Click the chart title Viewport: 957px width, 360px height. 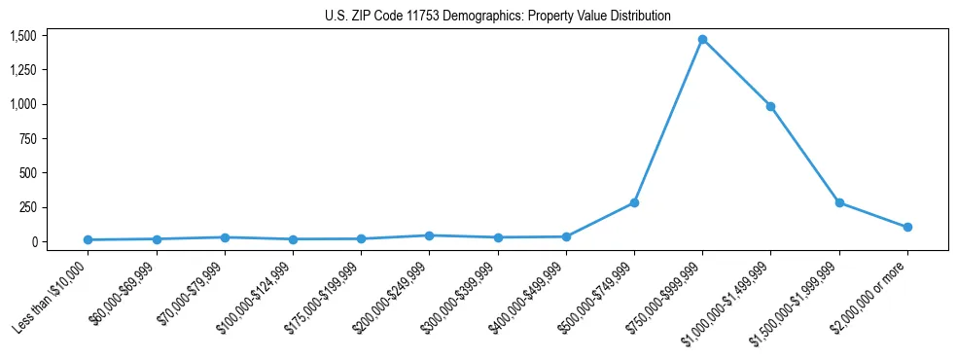point(498,17)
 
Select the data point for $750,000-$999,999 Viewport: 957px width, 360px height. point(702,39)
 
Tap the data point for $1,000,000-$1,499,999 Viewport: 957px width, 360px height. point(770,106)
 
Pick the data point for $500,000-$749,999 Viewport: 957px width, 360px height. point(634,202)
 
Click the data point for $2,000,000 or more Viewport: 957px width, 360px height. point(907,227)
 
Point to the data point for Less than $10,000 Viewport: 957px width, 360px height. point(88,239)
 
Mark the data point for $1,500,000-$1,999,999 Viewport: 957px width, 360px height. point(839,202)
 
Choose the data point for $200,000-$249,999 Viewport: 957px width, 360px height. point(429,235)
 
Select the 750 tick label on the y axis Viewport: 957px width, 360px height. point(28,139)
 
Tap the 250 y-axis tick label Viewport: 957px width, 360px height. point(28,207)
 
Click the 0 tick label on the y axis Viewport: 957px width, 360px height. point(34,241)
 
